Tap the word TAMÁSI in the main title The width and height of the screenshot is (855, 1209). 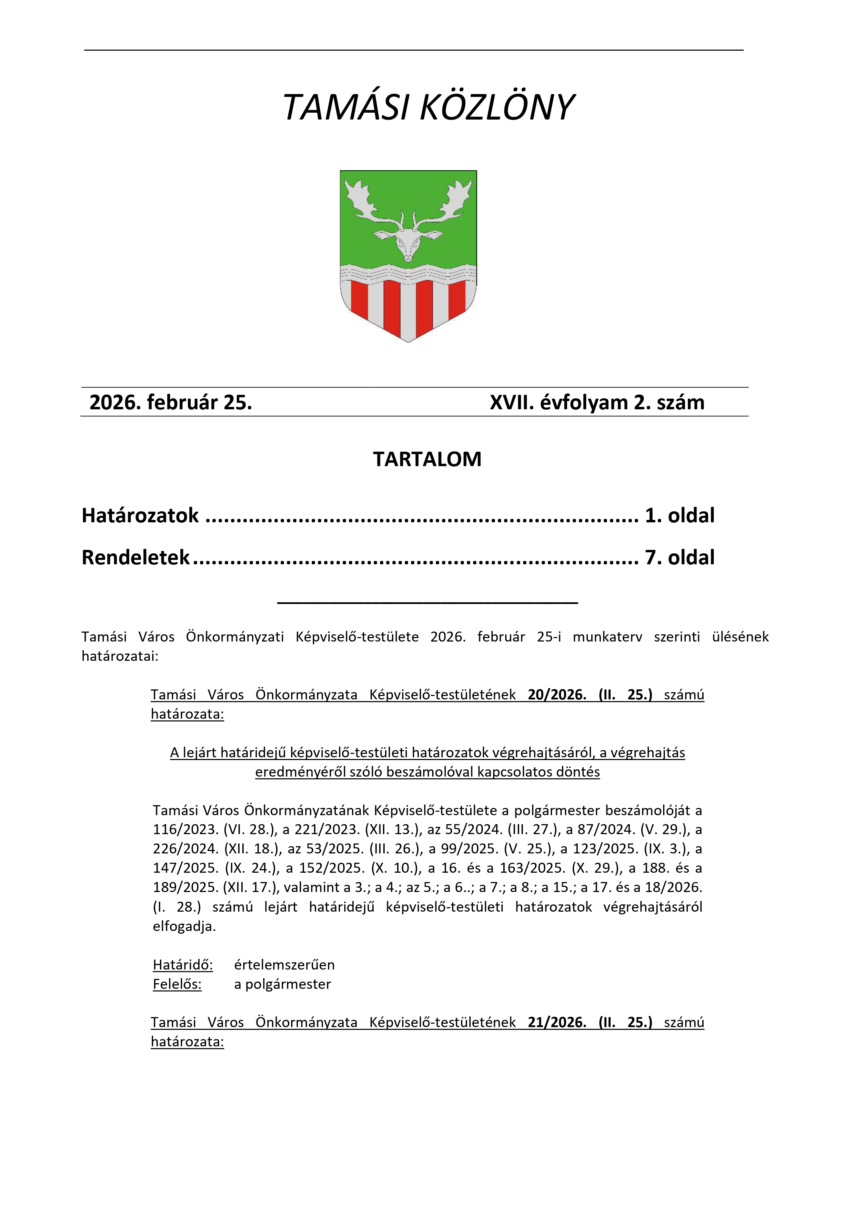coord(345,108)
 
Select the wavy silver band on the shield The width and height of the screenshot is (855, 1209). coord(408,273)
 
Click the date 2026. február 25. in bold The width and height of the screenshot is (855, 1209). coord(171,402)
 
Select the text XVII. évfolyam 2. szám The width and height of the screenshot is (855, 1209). coord(597,402)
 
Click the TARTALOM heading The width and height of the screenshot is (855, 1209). coord(427,459)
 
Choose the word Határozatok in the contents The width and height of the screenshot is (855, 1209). coord(140,515)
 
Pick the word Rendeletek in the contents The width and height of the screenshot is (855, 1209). coord(135,557)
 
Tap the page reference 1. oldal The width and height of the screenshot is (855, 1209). coord(680,515)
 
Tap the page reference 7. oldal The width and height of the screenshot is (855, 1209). coord(680,557)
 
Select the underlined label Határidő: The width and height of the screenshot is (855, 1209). coord(183,965)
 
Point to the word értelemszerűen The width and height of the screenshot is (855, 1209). coord(284,965)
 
